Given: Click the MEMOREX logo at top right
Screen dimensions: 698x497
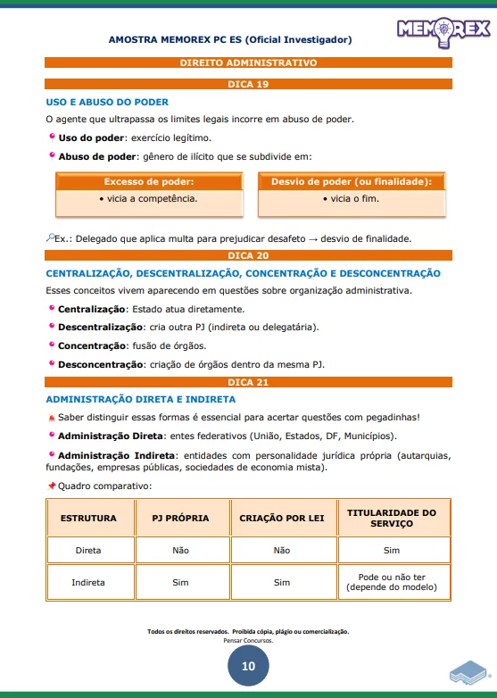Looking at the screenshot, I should coord(443,31).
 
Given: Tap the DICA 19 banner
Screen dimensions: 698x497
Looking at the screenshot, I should coord(248,84).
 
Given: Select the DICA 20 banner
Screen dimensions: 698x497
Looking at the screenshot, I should coord(248,255).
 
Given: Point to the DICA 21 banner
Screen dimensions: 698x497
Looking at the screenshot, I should coord(248,382).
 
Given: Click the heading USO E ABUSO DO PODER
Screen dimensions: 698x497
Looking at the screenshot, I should coord(107,102).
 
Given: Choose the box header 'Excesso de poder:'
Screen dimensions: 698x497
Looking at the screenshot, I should coord(148,182).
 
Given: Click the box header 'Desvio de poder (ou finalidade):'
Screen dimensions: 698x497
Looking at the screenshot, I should coord(351,182).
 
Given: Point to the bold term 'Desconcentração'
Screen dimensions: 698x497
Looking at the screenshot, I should coord(96,363).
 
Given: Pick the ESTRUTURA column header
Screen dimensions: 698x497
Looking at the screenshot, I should coord(88,519).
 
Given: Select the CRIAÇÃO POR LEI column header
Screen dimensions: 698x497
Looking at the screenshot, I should coord(282,519).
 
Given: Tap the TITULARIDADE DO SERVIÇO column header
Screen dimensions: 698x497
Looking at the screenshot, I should coord(392,519).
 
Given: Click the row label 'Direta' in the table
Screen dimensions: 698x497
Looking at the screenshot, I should coord(88,551).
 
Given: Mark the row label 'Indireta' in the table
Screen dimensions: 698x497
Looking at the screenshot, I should coord(88,583).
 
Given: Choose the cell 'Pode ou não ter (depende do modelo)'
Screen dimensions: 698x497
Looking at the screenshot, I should coord(392,583).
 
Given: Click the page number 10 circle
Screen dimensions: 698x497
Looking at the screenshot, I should coord(248,666).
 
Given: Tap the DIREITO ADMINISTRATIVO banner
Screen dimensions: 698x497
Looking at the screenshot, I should coord(248,63).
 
